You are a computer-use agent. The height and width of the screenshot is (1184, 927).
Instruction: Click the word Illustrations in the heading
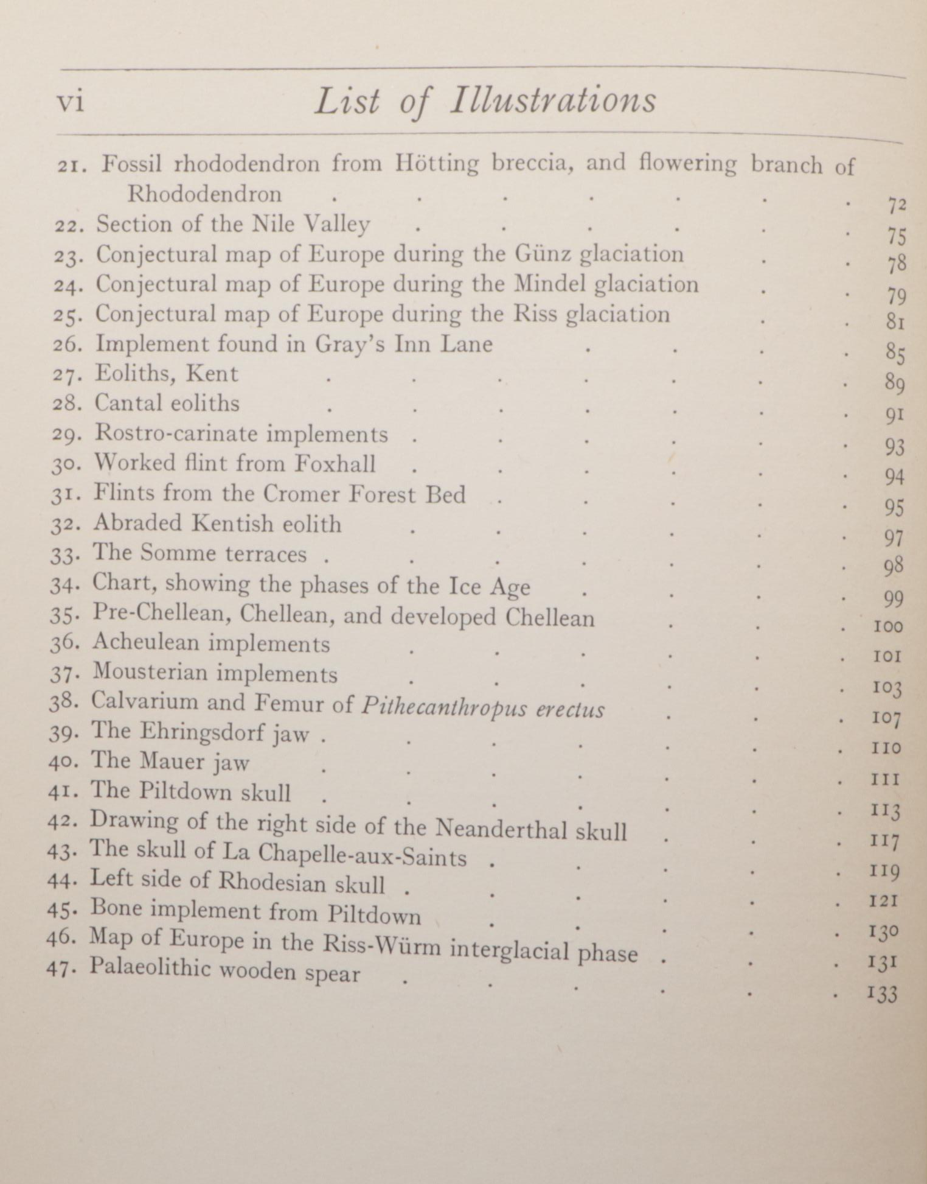coord(553,100)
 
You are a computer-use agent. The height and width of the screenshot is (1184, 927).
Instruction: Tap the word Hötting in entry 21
coord(436,163)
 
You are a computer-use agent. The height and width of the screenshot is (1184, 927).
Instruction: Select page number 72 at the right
coord(896,206)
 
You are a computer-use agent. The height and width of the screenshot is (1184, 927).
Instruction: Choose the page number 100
coord(887,626)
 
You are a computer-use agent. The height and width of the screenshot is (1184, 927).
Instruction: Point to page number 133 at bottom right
coord(882,994)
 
